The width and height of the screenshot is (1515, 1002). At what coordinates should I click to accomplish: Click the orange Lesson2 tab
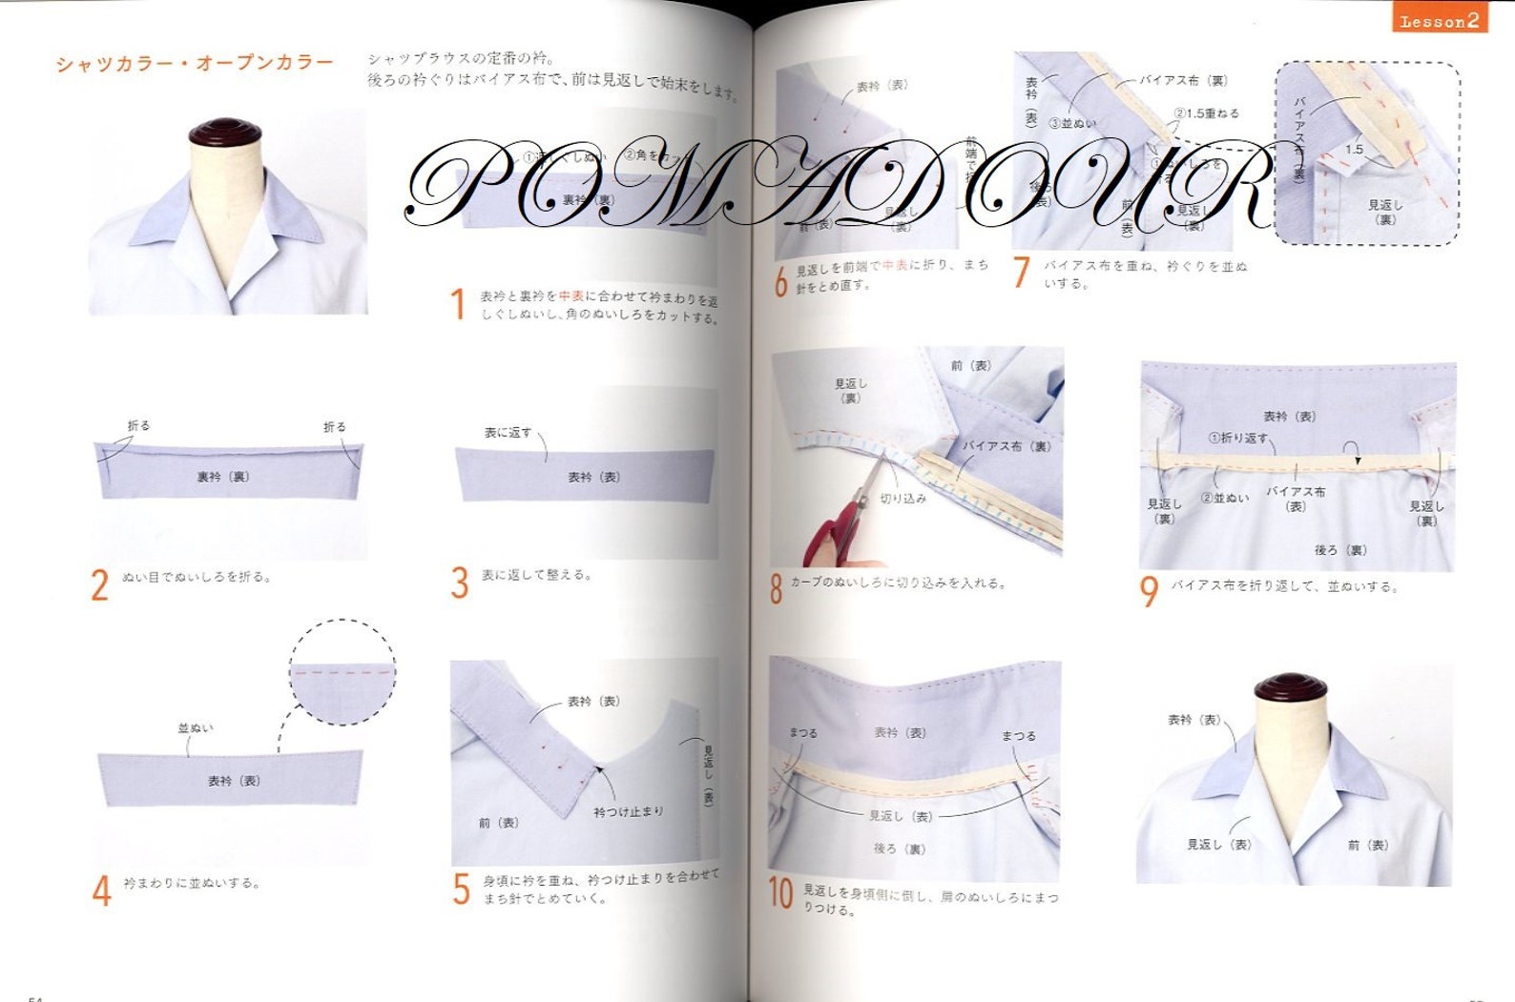click(x=1439, y=20)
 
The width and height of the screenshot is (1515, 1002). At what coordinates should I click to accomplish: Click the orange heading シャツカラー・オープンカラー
click(x=195, y=64)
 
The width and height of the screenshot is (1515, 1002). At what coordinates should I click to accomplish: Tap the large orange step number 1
click(x=458, y=305)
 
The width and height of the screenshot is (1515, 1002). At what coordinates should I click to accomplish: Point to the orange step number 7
click(x=1022, y=273)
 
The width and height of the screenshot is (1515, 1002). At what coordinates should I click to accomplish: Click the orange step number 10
click(x=781, y=894)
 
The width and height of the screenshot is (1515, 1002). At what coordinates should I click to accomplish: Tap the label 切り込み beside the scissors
click(x=903, y=499)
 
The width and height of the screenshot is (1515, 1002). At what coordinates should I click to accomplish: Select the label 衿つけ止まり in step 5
click(x=628, y=811)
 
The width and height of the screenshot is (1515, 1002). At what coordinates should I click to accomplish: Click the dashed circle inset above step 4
click(x=342, y=671)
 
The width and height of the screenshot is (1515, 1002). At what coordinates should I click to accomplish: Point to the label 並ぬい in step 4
click(x=196, y=728)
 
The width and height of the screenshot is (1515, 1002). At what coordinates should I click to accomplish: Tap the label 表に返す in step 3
click(x=507, y=433)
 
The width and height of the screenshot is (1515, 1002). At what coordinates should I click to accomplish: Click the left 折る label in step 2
click(x=139, y=426)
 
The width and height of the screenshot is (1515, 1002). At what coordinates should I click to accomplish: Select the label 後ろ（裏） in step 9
click(x=1340, y=550)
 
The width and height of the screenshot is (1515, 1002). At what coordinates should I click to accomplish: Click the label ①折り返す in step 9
click(x=1238, y=439)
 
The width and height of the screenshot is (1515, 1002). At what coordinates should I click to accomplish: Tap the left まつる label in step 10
click(x=803, y=733)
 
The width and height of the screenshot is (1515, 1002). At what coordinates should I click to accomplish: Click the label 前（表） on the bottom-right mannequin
click(x=1368, y=845)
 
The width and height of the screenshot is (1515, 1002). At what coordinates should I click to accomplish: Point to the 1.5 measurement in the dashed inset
click(x=1354, y=150)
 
